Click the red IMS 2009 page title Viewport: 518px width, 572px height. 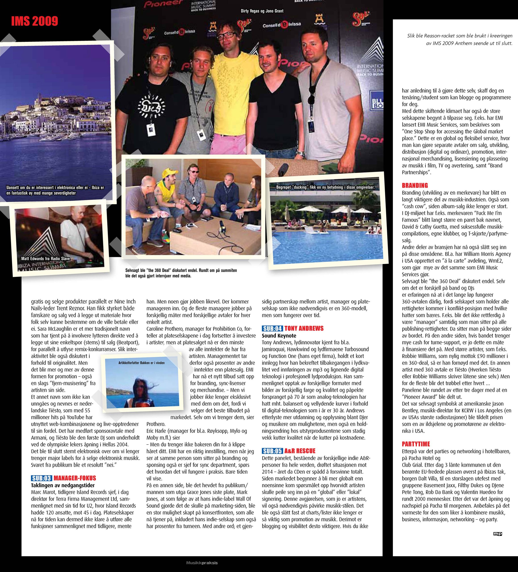coord(35,21)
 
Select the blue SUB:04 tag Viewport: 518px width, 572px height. coord(272,328)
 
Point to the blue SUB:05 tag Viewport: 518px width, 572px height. coord(272,451)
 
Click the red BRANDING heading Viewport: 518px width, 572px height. coord(415,185)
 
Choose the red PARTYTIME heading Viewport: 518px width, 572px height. coord(416,444)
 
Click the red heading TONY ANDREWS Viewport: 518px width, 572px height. coord(304,328)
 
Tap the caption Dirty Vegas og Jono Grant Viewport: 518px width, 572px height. coord(262,11)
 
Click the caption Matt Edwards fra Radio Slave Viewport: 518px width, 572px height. coord(45,259)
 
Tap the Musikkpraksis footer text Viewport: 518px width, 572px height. coord(202,562)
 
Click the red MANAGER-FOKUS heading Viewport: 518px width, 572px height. coord(75,478)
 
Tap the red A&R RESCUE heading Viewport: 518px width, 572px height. coord(300,451)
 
